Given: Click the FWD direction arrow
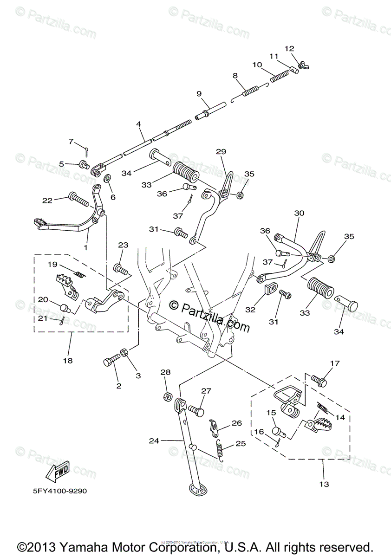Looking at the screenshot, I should (x=58, y=473).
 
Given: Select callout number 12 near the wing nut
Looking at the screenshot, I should (x=289, y=48).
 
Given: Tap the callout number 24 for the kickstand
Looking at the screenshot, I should (x=154, y=441).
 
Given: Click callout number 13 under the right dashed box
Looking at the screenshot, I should (x=324, y=484).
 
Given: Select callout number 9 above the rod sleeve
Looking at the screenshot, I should (x=199, y=93).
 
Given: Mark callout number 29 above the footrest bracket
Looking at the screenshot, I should (x=221, y=151).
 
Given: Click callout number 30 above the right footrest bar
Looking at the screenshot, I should (x=299, y=213).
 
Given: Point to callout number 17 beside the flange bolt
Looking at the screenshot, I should (x=335, y=363).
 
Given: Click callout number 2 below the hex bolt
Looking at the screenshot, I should (x=118, y=386).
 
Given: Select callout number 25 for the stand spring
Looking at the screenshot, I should (x=241, y=443).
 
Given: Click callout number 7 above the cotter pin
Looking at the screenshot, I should (x=71, y=141).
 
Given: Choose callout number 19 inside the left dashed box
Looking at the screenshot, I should (x=52, y=264).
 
